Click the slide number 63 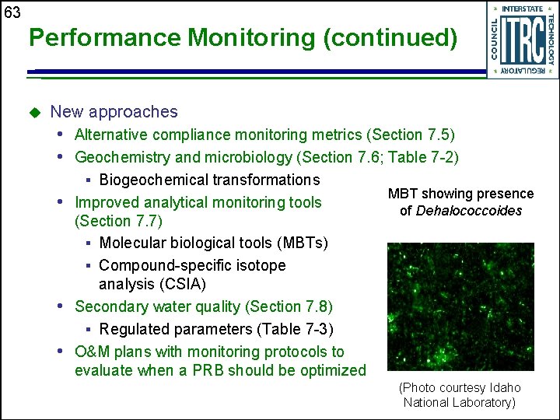(12, 12)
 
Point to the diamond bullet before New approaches (33, 113)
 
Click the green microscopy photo (460, 306)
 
